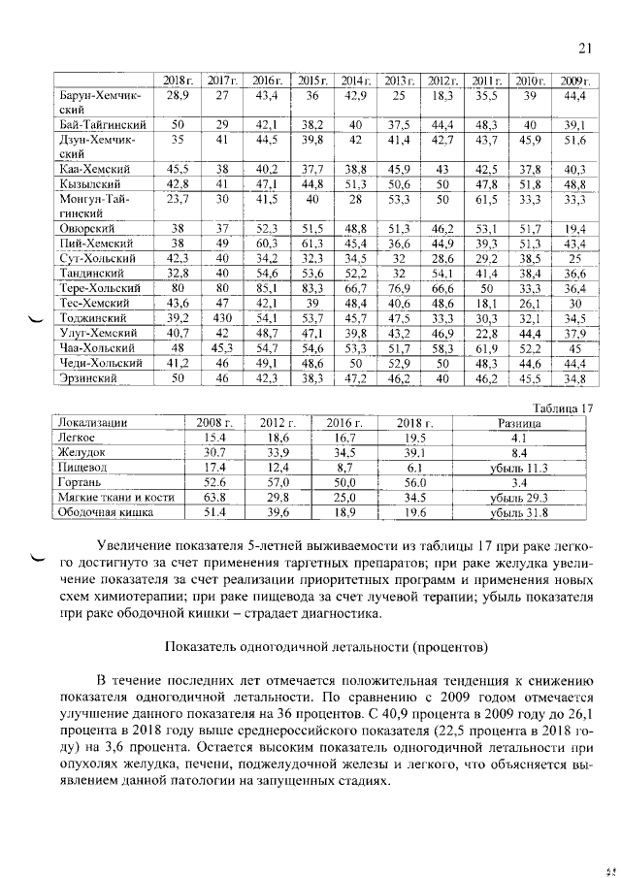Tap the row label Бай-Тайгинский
tap(103, 125)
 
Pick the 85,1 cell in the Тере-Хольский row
tap(265, 288)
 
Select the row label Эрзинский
tap(88, 377)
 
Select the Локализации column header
tap(93, 423)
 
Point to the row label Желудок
tap(81, 452)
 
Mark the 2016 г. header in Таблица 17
tap(340, 423)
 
